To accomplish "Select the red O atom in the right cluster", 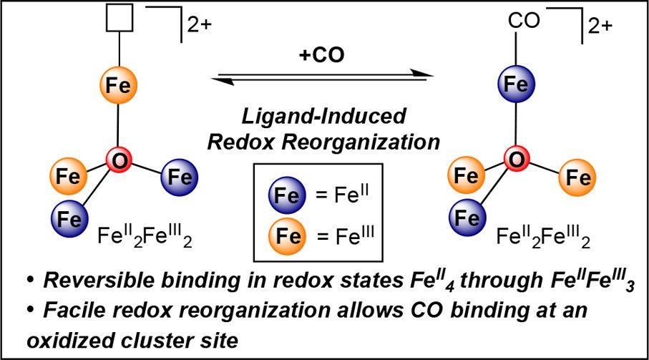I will click(x=512, y=159).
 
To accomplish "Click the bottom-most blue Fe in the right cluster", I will click(x=467, y=215).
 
